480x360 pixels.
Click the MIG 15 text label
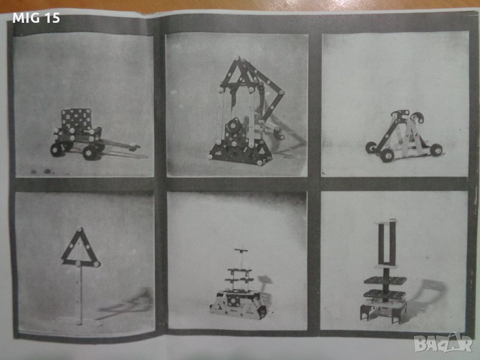(36, 18)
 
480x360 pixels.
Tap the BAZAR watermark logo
(443, 343)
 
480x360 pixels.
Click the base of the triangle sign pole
(80, 322)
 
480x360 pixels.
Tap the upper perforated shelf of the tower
(385, 280)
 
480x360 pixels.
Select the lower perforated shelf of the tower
(385, 295)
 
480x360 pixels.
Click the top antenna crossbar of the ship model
(241, 250)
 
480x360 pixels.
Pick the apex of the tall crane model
(236, 58)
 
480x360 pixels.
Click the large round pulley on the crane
(234, 125)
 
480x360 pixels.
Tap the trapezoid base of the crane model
(241, 152)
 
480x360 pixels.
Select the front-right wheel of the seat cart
(90, 152)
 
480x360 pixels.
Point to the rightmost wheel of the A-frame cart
(436, 150)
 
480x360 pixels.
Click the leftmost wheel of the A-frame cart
(371, 148)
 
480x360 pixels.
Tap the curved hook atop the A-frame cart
(417, 117)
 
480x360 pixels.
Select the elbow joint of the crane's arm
(281, 92)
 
